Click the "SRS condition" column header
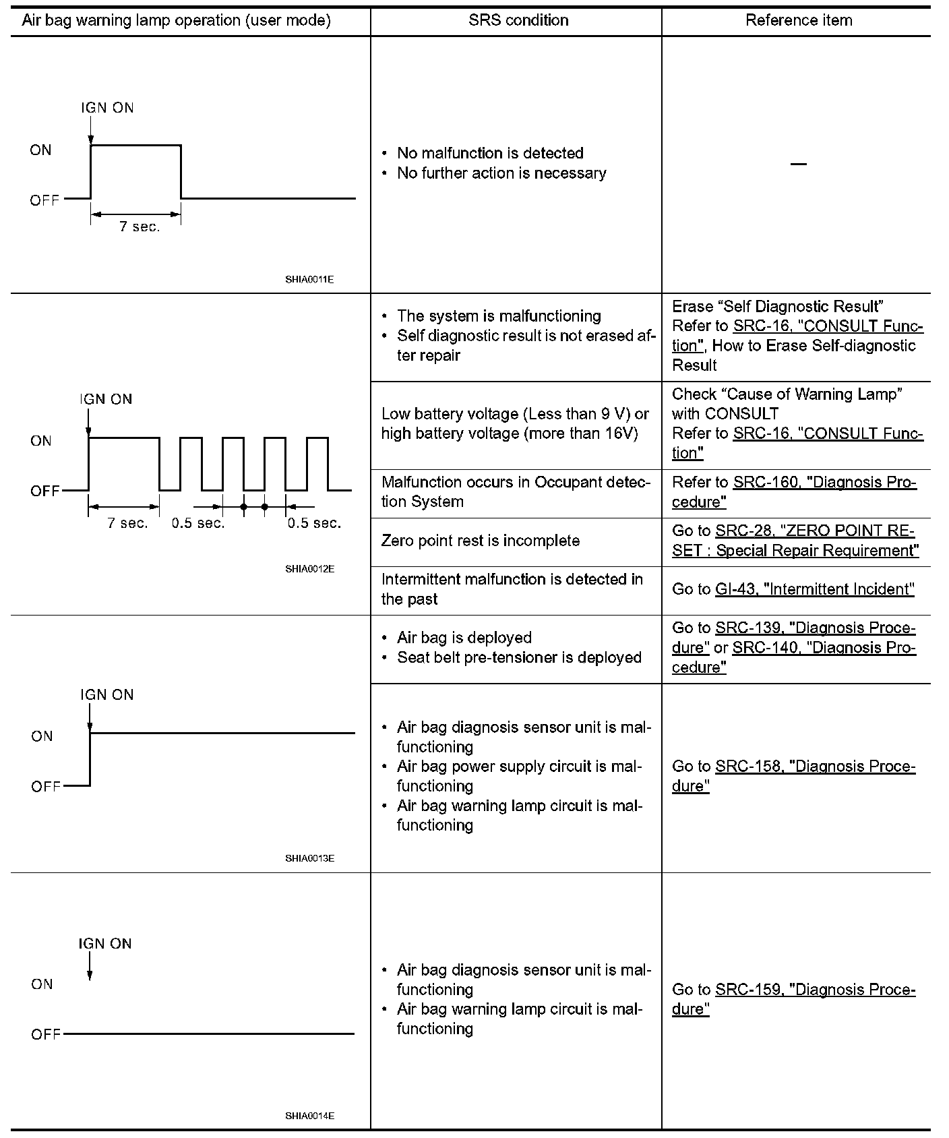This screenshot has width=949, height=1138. pos(518,20)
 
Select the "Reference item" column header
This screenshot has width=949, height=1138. pos(798,20)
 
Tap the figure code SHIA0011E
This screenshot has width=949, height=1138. pos(309,279)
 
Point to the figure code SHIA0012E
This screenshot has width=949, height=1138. pos(309,569)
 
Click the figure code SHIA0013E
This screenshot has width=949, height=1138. pos(309,858)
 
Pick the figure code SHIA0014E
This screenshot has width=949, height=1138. pos(309,1116)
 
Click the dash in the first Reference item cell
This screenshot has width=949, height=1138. pos(798,164)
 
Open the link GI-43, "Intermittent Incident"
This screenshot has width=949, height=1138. pos(814,589)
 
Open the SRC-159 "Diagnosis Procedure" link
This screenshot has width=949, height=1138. pos(815,990)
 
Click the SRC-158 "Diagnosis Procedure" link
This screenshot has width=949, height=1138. pos(815,767)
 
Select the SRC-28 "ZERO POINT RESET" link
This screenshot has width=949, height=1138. pos(815,531)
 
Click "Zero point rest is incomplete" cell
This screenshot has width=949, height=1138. pos(480,541)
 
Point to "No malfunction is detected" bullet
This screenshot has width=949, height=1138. pos(490,153)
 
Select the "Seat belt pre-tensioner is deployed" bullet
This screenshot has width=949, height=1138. pos(519,657)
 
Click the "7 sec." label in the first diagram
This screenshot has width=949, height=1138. pos(140,227)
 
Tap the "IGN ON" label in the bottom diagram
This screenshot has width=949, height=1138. pos(105,944)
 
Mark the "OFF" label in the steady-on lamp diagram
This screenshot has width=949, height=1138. pos(46,787)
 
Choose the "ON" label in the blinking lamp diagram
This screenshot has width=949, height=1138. pos(41,441)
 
